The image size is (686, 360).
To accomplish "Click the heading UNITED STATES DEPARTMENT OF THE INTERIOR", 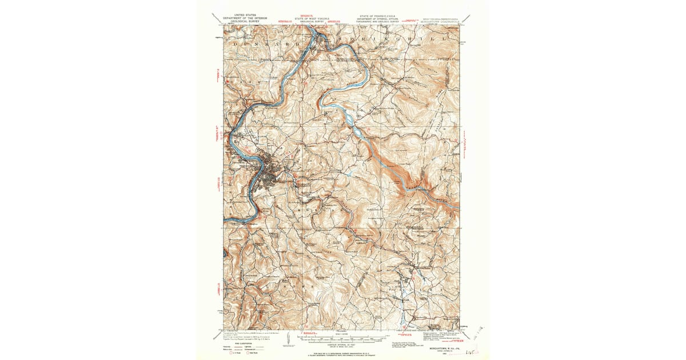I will [x=238, y=18].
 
